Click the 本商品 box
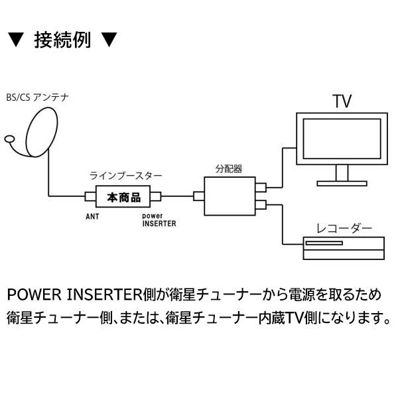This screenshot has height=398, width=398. point(125,197)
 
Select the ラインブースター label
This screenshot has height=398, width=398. point(125,176)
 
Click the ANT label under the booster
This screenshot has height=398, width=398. point(92,217)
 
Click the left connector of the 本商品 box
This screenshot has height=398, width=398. point(90,197)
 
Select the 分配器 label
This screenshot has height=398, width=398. point(228,167)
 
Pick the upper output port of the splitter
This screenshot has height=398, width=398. point(261,188)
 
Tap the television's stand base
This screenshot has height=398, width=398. point(342,182)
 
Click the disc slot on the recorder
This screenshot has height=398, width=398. point(323,243)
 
